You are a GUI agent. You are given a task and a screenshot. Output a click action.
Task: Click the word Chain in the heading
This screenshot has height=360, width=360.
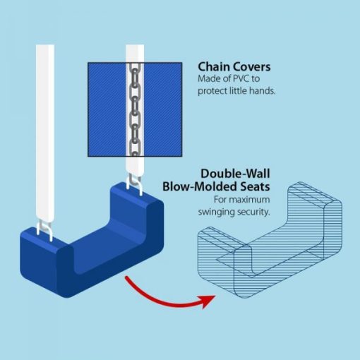[213, 67]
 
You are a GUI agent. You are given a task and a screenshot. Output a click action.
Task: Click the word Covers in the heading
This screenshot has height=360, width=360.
[251, 67]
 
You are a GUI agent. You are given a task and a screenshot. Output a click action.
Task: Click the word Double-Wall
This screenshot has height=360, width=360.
[235, 174]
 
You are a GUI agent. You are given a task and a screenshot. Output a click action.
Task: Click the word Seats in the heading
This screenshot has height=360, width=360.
[255, 186]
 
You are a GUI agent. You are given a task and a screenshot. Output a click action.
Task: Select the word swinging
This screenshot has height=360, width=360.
[216, 212]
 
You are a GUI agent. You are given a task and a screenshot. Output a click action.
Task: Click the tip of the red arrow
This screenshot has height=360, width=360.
[215, 296]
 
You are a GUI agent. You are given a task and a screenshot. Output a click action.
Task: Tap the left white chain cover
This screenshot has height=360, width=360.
[45, 133]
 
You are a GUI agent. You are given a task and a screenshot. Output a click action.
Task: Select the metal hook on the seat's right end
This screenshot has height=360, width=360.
[135, 184]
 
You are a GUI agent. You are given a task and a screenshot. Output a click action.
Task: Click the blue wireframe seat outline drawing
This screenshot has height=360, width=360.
[270, 240]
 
